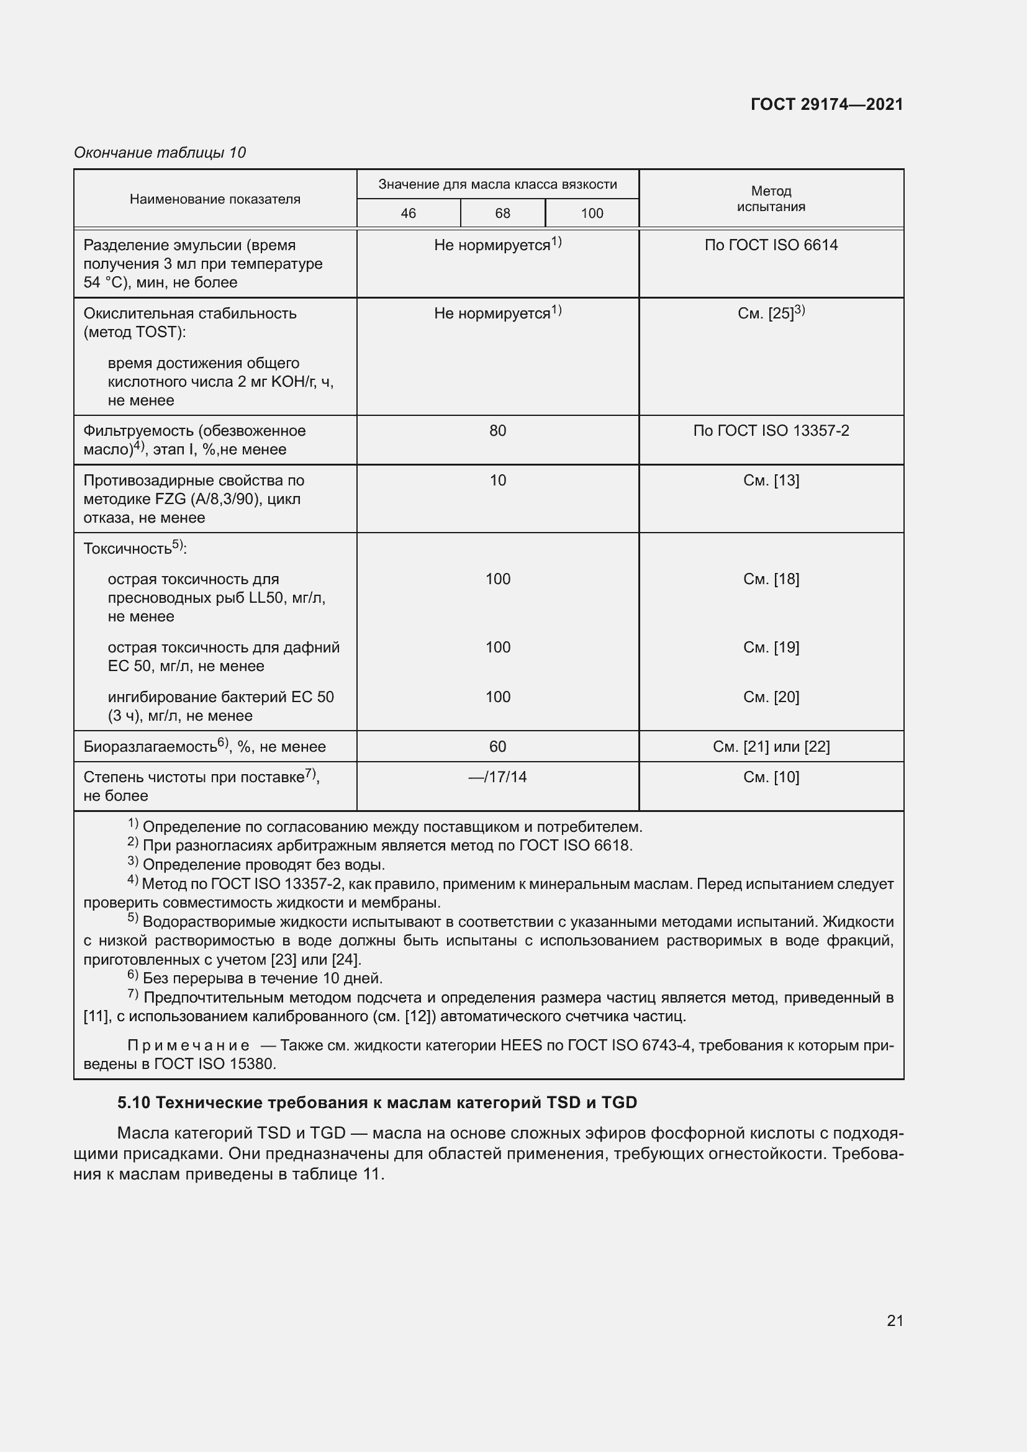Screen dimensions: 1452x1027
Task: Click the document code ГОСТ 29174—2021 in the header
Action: click(826, 104)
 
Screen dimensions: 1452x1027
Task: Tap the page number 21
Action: click(895, 1320)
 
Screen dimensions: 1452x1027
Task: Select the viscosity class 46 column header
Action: click(408, 213)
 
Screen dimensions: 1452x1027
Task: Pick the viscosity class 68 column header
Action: click(502, 213)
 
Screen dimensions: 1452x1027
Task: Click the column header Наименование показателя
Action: click(215, 199)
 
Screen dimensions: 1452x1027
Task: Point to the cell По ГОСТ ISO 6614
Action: click(771, 245)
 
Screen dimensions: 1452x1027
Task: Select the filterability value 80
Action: click(498, 431)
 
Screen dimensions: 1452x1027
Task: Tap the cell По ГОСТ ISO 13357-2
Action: click(771, 431)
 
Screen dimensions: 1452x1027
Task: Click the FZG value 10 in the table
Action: click(498, 480)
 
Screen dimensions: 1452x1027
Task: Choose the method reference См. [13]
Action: click(771, 480)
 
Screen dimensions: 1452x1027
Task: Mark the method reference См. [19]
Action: click(771, 647)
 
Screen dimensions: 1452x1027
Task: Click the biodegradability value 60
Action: click(498, 747)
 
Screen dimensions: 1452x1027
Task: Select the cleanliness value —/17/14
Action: click(498, 777)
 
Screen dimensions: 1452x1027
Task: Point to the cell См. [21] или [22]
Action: click(771, 747)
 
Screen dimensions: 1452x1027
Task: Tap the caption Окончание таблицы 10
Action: click(160, 153)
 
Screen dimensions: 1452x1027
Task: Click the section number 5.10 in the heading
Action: click(133, 1103)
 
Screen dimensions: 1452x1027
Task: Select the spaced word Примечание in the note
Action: click(188, 1045)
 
